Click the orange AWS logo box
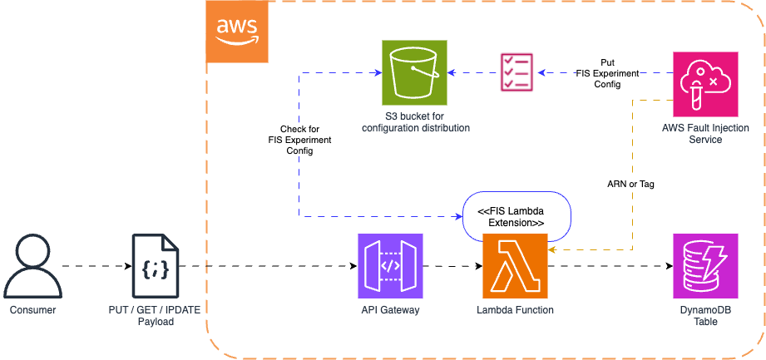pos(237,32)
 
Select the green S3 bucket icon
pos(414,72)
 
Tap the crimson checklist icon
pos(516,72)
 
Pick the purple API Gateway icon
pos(390,265)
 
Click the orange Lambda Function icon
pos(515,265)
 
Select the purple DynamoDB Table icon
pos(704,265)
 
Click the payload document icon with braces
pos(156,265)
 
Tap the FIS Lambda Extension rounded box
pos(515,216)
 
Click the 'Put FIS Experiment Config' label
pos(607,73)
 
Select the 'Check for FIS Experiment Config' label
pos(299,140)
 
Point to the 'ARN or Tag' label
pos(630,184)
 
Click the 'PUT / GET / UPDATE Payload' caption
pos(156,315)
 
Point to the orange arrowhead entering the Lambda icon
pos(552,248)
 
